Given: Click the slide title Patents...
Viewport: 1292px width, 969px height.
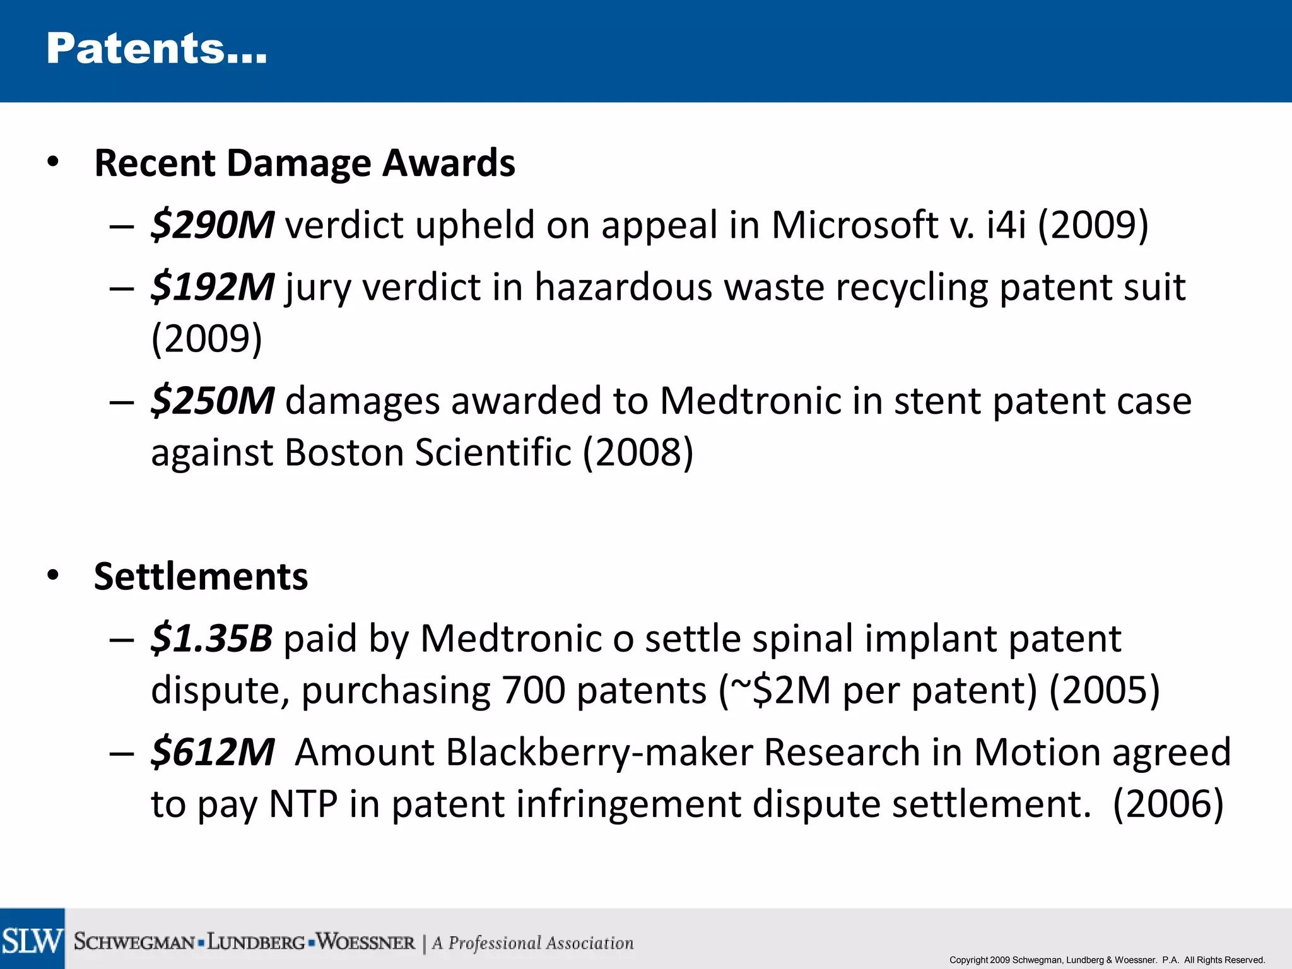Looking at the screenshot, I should click(156, 49).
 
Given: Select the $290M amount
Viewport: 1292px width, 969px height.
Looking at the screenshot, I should click(213, 225).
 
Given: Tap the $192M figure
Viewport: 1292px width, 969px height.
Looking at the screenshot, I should click(213, 287).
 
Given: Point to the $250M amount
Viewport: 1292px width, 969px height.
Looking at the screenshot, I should click(213, 401).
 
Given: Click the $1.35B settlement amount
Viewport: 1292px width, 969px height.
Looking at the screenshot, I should click(211, 638).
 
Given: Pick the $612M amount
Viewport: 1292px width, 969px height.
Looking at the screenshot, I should click(213, 753).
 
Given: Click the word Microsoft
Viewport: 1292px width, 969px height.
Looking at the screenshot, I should click(854, 225).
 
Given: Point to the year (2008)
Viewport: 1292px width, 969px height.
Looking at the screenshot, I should click(638, 453).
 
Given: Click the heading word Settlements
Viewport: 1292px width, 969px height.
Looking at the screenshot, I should click(201, 577).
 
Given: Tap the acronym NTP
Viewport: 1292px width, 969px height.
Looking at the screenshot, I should click(303, 804).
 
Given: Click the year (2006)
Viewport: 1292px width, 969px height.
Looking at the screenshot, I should click(1168, 804).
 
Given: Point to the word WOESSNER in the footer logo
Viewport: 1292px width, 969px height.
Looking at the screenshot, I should click(366, 943).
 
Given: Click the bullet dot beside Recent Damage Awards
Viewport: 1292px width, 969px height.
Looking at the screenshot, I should click(53, 162).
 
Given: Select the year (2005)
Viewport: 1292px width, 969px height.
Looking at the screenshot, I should click(1104, 690).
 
